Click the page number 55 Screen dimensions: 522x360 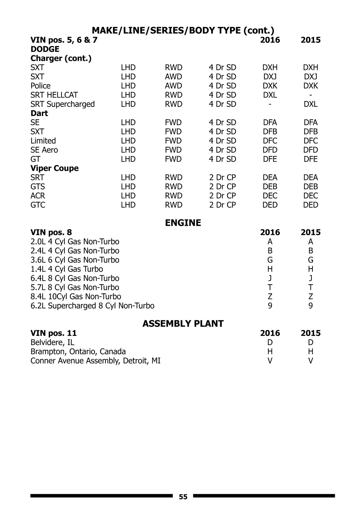point(183,497)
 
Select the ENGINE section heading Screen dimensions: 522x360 point(183,223)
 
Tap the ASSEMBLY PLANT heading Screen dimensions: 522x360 point(183,323)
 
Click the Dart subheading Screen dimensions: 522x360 point(39,113)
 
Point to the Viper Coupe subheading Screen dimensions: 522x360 point(55,168)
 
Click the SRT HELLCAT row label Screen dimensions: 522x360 point(54,95)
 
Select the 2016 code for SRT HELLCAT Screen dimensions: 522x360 point(270,95)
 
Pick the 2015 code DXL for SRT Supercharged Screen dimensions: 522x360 point(310,104)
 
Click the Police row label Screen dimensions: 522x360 point(40,86)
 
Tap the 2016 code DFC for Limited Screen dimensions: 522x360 point(270,141)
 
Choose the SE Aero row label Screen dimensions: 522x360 point(44,150)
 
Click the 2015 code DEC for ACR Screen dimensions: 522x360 point(310,196)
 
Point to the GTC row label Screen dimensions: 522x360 point(38,205)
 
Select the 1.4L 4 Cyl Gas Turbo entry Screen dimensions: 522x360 point(67,269)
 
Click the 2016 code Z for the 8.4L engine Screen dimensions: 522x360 point(270,296)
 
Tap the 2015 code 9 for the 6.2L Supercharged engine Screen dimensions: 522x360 point(310,306)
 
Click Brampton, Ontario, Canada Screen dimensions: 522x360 point(78,351)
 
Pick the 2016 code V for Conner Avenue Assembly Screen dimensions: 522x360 point(270,361)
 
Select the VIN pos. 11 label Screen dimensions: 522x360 point(54,333)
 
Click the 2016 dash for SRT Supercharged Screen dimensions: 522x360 point(270,104)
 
